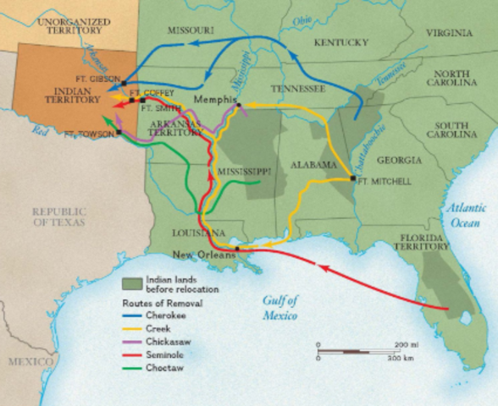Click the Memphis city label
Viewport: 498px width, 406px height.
[213, 99]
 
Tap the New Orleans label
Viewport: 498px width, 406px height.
[203, 253]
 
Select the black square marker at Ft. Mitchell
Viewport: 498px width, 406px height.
[351, 178]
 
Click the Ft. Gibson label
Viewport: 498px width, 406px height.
[106, 78]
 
